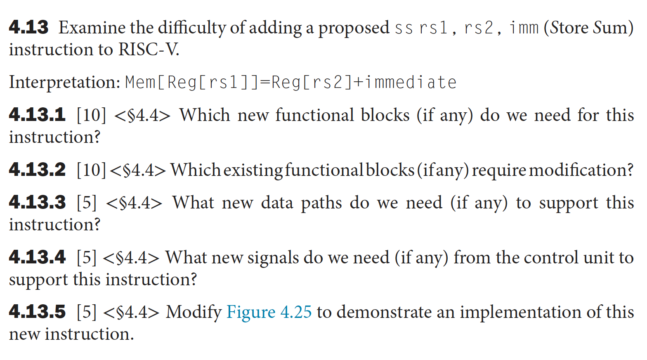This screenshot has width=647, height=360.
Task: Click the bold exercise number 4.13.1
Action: (x=37, y=115)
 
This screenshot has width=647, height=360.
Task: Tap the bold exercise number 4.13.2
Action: (x=37, y=170)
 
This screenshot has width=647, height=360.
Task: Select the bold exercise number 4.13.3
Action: (x=37, y=202)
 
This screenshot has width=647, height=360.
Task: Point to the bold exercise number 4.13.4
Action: (x=37, y=257)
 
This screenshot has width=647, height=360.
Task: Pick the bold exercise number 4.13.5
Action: (x=37, y=312)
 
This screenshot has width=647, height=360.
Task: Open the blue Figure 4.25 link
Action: (x=269, y=312)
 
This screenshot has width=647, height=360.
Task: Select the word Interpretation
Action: (x=64, y=82)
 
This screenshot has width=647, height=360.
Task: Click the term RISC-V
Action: (x=149, y=50)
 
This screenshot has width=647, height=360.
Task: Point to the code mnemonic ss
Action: (x=404, y=28)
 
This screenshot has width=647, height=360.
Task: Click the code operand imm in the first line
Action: (x=524, y=28)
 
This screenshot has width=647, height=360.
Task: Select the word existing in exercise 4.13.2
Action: (x=253, y=170)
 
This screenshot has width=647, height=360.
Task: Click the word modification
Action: (x=581, y=170)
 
